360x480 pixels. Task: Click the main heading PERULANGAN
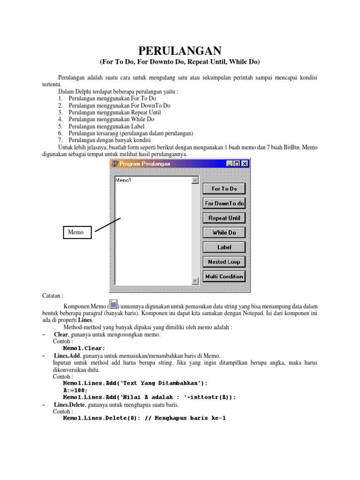tap(180, 51)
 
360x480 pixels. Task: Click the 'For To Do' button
tap(224, 189)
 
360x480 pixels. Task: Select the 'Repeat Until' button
tap(224, 218)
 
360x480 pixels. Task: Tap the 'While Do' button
tap(224, 232)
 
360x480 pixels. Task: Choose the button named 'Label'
tap(224, 247)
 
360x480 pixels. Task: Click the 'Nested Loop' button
tap(224, 262)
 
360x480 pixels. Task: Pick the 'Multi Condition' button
tap(224, 277)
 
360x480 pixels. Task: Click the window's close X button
tap(245, 164)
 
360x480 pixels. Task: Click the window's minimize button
tap(229, 164)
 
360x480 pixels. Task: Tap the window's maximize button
tap(237, 164)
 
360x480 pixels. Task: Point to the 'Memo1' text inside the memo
tap(123, 180)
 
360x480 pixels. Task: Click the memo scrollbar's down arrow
tap(195, 281)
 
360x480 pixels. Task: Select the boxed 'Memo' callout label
tap(77, 232)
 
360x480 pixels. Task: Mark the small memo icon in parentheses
tap(113, 305)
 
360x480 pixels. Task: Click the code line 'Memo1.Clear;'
tap(84, 348)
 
